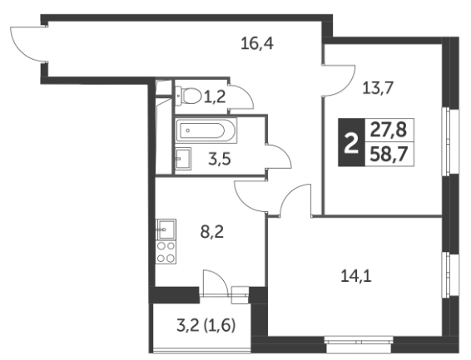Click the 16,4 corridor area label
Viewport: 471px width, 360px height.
[257, 44]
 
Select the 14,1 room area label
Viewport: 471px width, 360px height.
[356, 276]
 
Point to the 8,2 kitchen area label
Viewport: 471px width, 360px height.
[212, 232]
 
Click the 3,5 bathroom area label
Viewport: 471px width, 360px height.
[220, 159]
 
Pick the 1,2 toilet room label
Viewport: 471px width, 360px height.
[215, 97]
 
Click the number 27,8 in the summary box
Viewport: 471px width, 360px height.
[389, 131]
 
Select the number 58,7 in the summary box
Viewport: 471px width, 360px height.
[389, 155]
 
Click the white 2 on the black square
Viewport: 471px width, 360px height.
[351, 143]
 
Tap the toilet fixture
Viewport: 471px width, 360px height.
[188, 96]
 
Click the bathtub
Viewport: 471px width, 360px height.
[206, 131]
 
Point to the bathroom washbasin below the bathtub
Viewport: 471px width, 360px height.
[183, 159]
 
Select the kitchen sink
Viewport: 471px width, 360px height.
[166, 229]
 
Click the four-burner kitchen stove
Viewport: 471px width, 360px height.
[166, 252]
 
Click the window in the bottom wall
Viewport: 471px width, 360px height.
[359, 344]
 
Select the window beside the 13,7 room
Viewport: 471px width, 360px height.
[450, 141]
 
